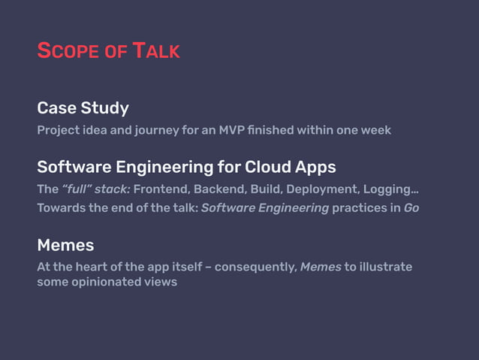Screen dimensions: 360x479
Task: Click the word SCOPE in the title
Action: pos(67,51)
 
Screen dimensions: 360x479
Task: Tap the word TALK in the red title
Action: pos(156,51)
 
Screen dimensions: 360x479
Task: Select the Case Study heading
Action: pos(83,107)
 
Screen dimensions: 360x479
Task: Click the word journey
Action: pos(156,130)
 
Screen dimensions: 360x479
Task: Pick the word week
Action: pos(375,130)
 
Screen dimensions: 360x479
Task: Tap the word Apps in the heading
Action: pos(318,166)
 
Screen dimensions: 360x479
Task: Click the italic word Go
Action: pos(411,208)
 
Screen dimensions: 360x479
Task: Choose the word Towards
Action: pos(61,208)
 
